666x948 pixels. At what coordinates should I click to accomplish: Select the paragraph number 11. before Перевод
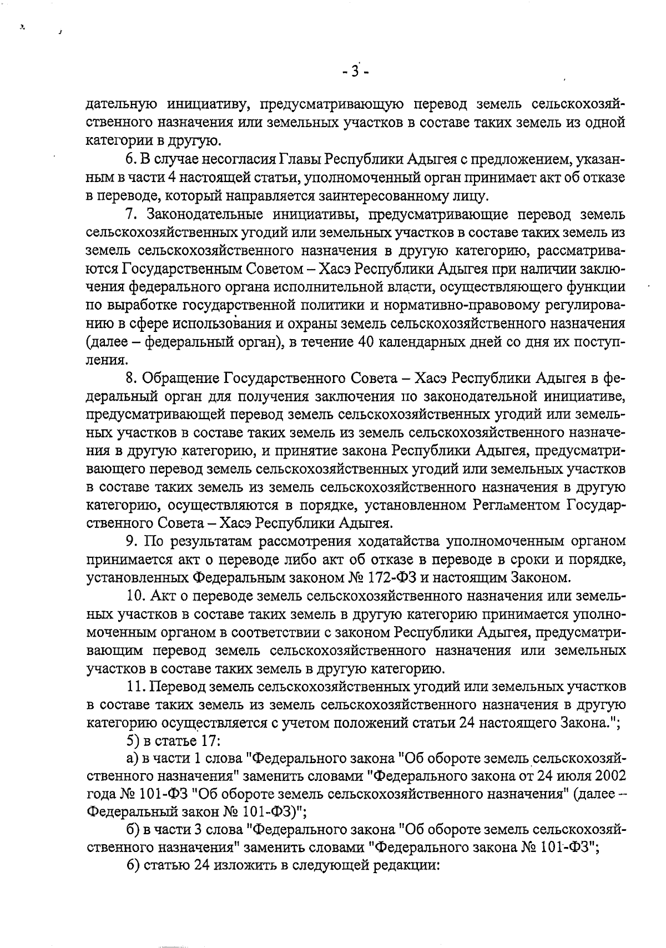[x=135, y=687]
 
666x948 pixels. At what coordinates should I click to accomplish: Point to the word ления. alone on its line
[x=105, y=360]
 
